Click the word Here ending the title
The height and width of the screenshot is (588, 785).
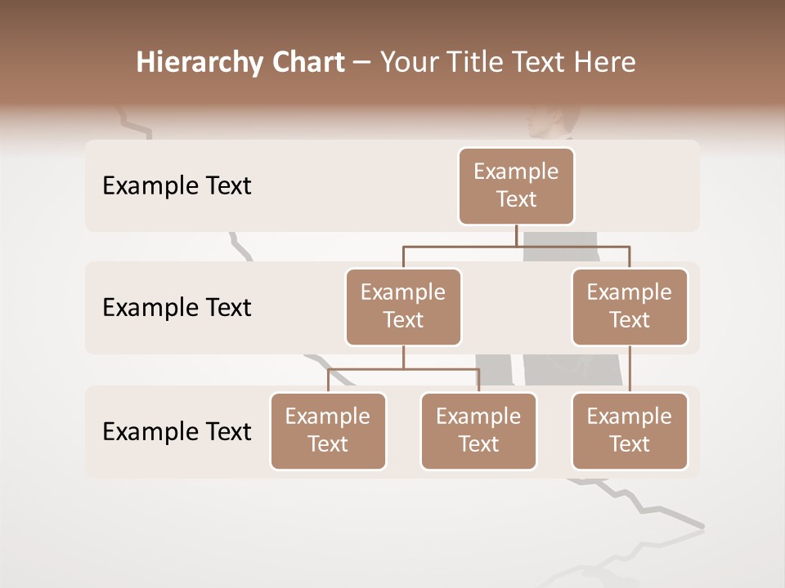[x=604, y=62]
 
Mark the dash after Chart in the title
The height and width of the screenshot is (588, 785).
[x=362, y=63]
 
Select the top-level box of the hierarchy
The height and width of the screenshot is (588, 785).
[x=516, y=185]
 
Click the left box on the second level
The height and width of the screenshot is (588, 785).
[x=403, y=306]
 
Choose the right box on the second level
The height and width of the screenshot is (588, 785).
[x=630, y=306]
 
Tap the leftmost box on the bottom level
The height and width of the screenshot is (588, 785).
[x=328, y=430]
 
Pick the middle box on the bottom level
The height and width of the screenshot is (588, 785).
[x=478, y=430]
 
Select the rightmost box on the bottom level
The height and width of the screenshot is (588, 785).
[x=630, y=430]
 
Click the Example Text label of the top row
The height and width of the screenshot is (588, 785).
[x=177, y=186]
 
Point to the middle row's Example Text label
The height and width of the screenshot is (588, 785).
[x=177, y=307]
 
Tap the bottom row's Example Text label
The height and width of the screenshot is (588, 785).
[x=177, y=431]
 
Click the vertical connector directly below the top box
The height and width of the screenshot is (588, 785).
[x=516, y=235]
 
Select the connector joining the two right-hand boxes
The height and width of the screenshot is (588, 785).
[x=630, y=368]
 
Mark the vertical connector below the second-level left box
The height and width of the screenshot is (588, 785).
[x=403, y=357]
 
